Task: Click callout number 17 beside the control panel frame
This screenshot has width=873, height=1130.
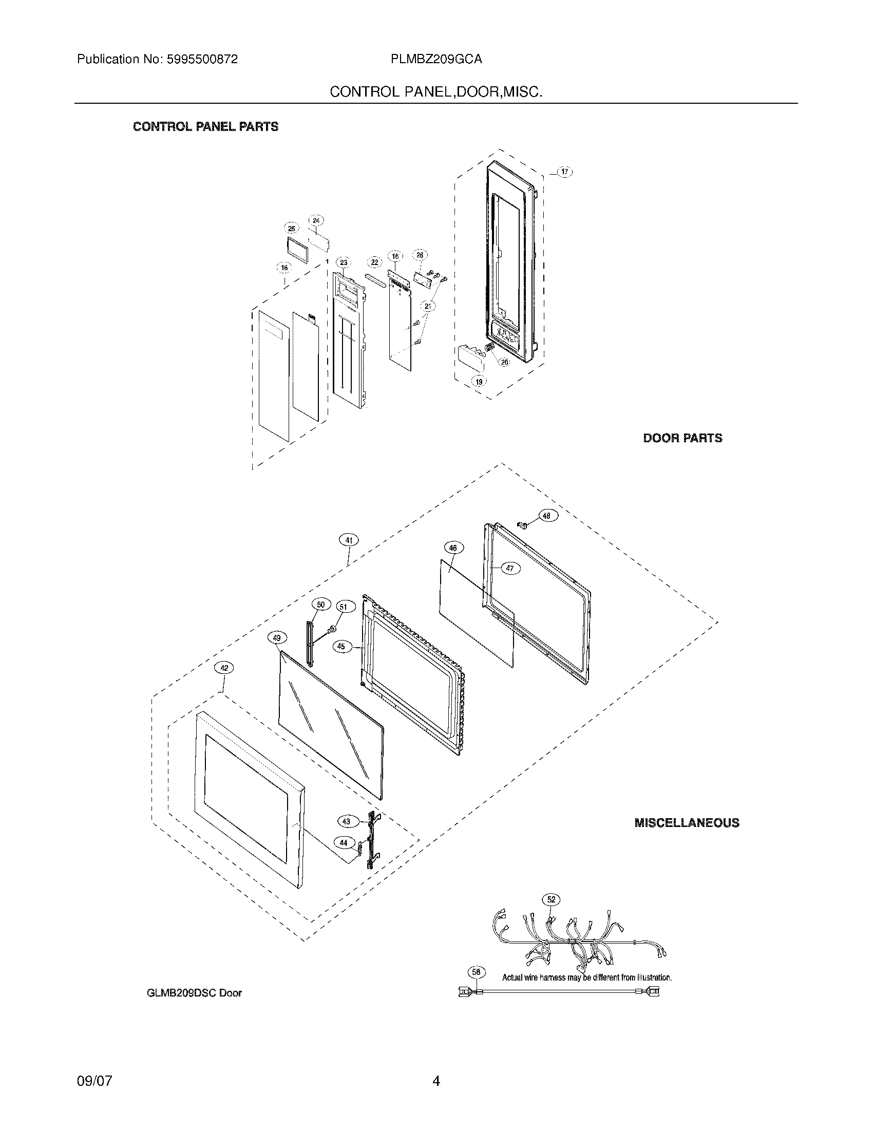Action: coord(565,172)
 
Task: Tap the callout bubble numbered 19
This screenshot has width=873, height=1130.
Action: coord(479,382)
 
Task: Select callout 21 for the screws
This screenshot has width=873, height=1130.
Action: coord(428,306)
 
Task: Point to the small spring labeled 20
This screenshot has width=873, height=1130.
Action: coord(489,347)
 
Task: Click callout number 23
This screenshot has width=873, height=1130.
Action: coord(344,262)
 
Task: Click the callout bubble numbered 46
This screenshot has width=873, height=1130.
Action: coord(453,548)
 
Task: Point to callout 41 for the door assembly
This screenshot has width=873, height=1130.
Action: coord(349,540)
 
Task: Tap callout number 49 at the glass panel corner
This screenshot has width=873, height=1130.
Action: coord(277,638)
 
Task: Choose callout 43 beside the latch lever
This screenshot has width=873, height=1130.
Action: coord(347,821)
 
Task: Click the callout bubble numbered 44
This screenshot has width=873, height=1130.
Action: coord(344,843)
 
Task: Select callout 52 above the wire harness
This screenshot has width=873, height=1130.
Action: coord(552,899)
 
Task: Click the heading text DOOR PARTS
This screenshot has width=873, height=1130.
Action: coord(682,438)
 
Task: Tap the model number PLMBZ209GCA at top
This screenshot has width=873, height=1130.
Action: coord(436,59)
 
